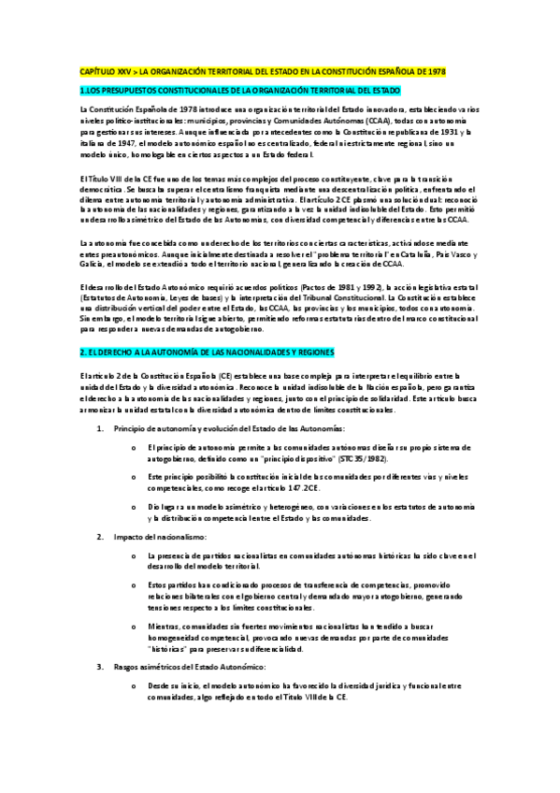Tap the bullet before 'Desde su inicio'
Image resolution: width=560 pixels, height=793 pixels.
click(136, 686)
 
